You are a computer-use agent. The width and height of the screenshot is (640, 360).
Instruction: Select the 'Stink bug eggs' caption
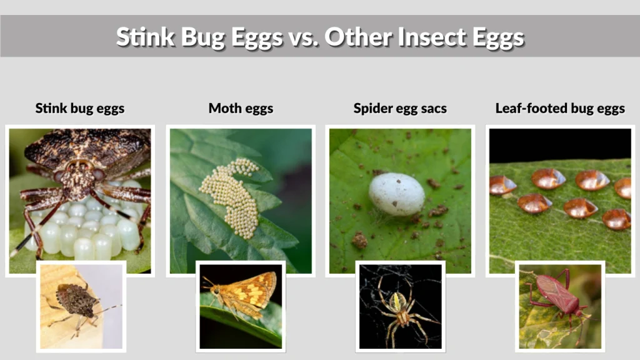80,108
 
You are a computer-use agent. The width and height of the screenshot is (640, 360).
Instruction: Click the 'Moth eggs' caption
241,108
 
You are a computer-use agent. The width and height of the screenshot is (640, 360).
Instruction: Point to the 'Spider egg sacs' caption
400,108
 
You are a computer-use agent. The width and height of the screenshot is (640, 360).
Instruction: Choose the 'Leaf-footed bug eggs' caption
560,108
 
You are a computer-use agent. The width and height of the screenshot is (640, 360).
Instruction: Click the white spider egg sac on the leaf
396,194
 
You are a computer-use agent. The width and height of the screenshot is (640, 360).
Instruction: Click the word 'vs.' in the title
303,37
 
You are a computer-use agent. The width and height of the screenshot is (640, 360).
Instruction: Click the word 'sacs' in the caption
433,108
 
